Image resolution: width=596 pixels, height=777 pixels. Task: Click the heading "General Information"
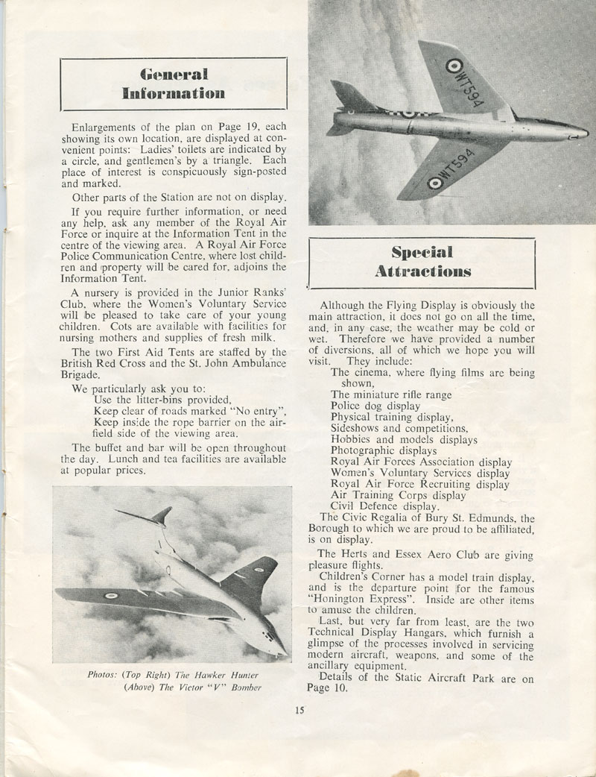tap(173, 84)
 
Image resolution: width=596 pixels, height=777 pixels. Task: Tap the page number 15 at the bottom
tap(299, 710)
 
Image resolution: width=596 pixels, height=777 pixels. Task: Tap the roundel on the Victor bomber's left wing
tap(111, 596)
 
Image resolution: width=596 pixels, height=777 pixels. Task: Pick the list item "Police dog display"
tap(375, 406)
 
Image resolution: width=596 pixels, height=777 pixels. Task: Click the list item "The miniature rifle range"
tap(391, 394)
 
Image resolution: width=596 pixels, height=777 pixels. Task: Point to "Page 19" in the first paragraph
tap(217, 128)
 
